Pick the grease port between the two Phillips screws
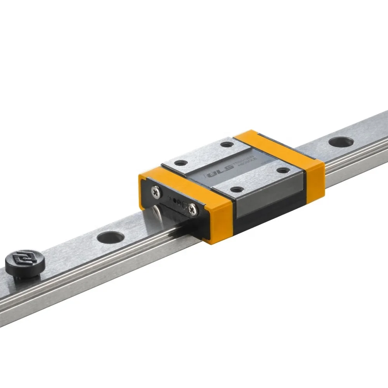(x=176, y=201)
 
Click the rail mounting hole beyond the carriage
(x=340, y=142)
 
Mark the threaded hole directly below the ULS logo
(x=237, y=189)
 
